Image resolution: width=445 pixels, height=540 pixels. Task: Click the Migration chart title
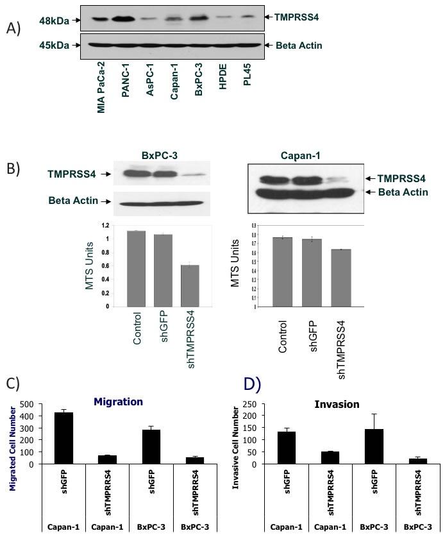[118, 401]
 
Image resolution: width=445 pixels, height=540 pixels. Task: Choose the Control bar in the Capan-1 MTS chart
[283, 272]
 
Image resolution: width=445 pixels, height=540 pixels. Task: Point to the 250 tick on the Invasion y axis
[253, 405]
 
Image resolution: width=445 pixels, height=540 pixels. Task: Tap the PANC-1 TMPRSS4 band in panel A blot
[126, 19]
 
